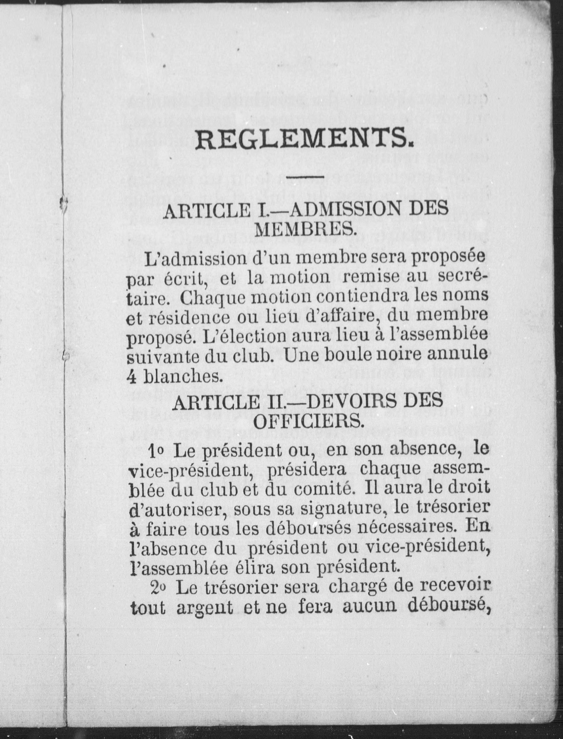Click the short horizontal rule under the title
pos(305,176)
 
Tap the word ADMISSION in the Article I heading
pos(342,210)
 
